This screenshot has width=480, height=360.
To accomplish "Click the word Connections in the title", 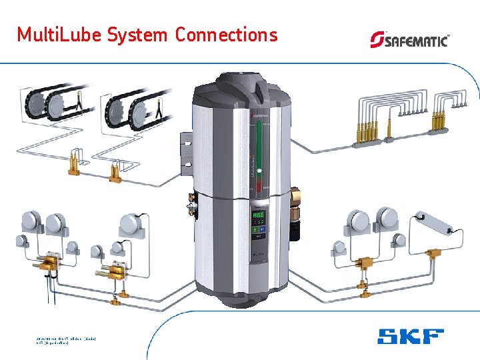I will click(226, 35).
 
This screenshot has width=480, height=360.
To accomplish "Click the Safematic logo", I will click(409, 39).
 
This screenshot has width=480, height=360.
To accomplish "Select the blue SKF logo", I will click(410, 336).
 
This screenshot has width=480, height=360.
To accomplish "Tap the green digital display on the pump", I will click(258, 215).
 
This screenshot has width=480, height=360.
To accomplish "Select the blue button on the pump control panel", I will click(263, 229).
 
